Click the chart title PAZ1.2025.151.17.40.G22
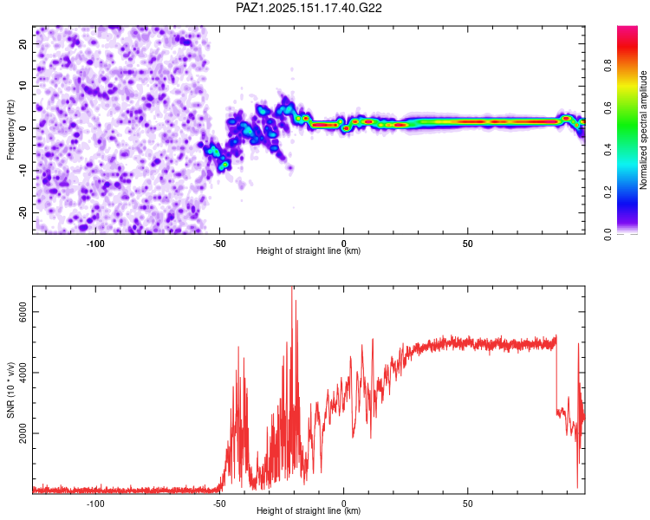pos(309,8)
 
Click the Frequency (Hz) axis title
pos(10,130)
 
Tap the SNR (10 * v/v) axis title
pos(10,390)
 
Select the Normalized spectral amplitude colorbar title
pos(643,130)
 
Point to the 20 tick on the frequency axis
pos(23,43)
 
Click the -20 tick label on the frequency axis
pos(23,212)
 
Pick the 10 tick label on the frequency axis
pos(23,86)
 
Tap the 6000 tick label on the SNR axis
pos(23,312)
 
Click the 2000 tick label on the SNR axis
pos(23,433)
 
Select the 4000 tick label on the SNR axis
pos(23,373)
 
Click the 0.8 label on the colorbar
pos(608,66)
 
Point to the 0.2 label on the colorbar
pos(608,192)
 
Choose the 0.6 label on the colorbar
pos(608,107)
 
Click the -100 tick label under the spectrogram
pos(95,244)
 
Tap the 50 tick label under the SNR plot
pos(468,504)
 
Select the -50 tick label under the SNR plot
pos(219,504)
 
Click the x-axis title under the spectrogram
pos(309,250)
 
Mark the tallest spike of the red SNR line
pos(292,288)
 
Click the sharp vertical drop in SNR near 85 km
pos(556,374)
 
